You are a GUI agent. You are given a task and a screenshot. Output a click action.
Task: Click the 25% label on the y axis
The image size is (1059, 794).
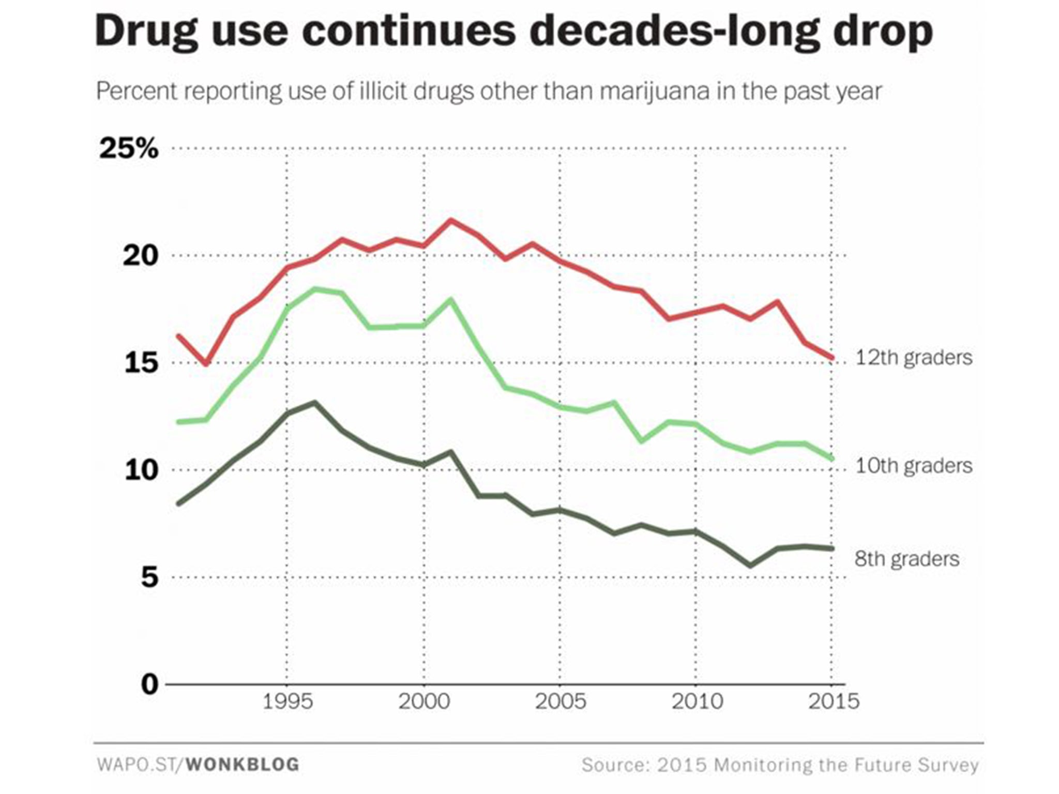click(129, 149)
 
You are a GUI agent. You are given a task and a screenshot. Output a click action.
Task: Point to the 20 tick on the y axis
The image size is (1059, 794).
click(140, 256)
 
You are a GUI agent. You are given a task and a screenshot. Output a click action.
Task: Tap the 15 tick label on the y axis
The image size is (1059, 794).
click(141, 363)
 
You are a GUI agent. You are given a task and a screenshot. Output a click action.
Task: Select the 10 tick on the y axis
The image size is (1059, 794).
click(141, 470)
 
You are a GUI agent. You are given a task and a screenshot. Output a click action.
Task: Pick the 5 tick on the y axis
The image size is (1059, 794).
click(149, 577)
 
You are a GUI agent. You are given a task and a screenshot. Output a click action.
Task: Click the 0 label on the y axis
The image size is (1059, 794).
click(149, 684)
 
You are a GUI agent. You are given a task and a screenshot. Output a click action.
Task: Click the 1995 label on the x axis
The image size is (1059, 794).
click(288, 701)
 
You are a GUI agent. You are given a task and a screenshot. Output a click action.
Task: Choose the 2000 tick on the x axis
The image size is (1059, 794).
click(424, 701)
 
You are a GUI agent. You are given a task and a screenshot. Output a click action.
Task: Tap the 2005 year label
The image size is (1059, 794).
click(560, 701)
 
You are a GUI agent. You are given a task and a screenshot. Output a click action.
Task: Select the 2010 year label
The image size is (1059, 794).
click(697, 701)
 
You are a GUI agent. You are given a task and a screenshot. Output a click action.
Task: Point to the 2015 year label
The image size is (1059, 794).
click(833, 701)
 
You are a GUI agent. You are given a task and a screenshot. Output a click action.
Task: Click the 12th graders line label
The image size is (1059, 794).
click(914, 358)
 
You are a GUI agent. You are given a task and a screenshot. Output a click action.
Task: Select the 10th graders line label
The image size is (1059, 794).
click(914, 466)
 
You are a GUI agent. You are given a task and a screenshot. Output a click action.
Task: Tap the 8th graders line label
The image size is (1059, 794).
click(907, 559)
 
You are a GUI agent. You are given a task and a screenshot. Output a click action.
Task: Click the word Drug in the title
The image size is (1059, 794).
click(146, 32)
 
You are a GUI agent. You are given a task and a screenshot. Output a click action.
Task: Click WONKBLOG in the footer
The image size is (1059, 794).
click(243, 765)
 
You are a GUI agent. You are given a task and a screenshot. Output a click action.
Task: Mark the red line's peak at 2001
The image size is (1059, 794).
click(451, 220)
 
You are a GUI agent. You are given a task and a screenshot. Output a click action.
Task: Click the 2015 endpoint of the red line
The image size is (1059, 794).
click(832, 358)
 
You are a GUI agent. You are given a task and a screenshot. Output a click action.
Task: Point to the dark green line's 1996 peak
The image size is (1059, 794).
click(314, 402)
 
